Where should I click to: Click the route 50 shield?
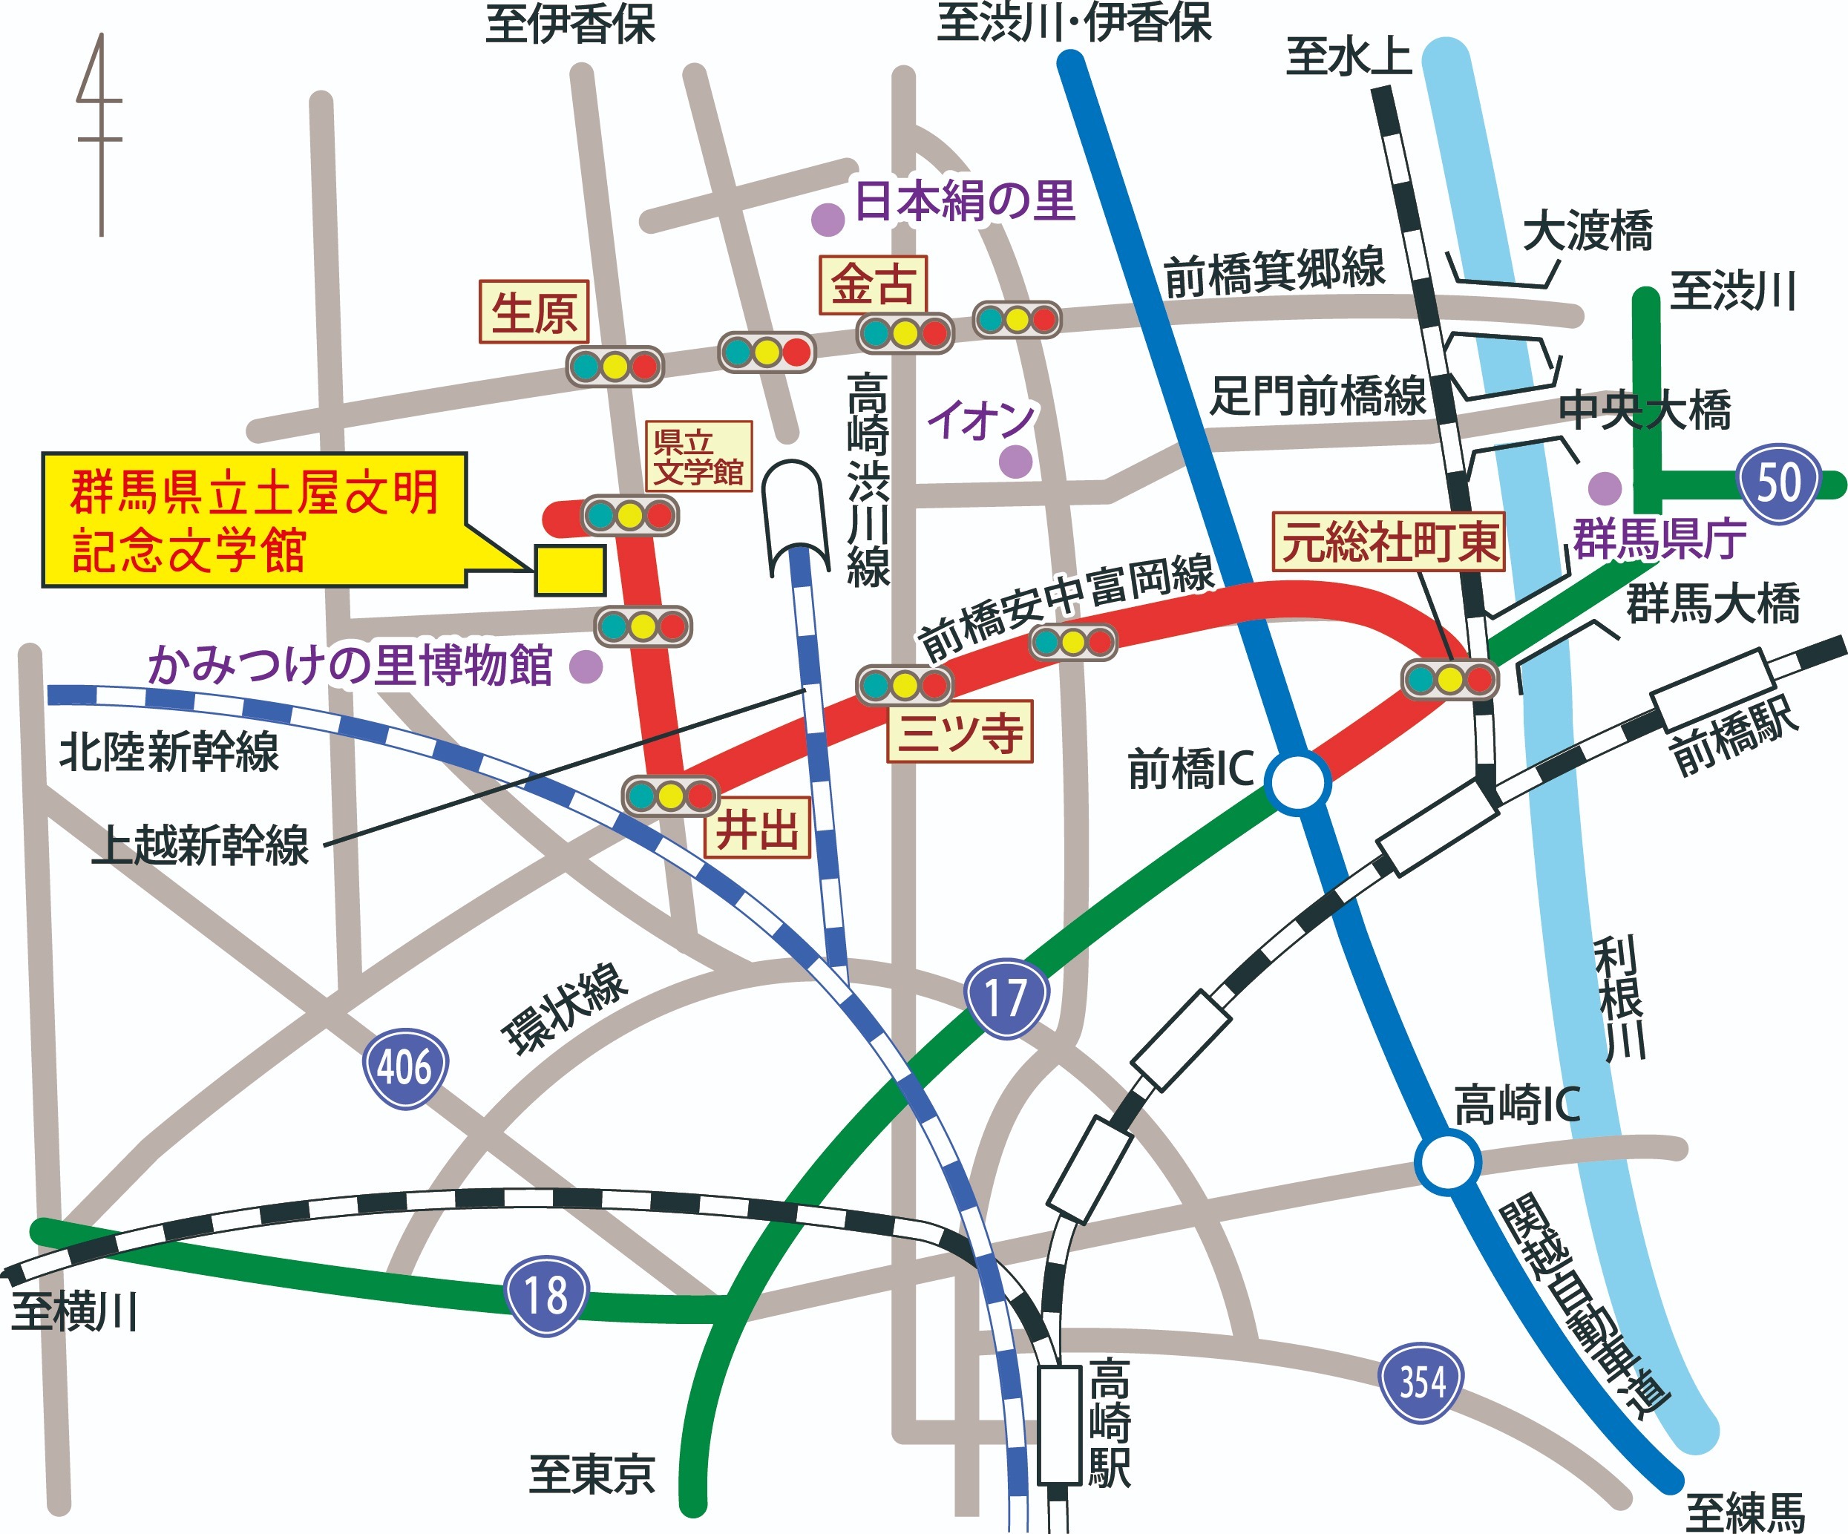[x=1778, y=483]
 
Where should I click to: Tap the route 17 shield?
[x=1006, y=998]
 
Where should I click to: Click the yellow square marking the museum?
[x=570, y=570]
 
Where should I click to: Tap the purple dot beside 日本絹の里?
[x=828, y=220]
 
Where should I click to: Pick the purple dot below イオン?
[x=1015, y=461]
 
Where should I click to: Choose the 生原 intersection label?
[x=534, y=312]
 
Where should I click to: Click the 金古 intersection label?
[x=872, y=284]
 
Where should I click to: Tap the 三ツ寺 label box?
[x=959, y=731]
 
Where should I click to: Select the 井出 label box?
[x=757, y=828]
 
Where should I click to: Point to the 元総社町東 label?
[x=1389, y=541]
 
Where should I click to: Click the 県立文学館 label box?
[x=698, y=456]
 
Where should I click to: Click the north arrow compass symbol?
[x=100, y=137]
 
